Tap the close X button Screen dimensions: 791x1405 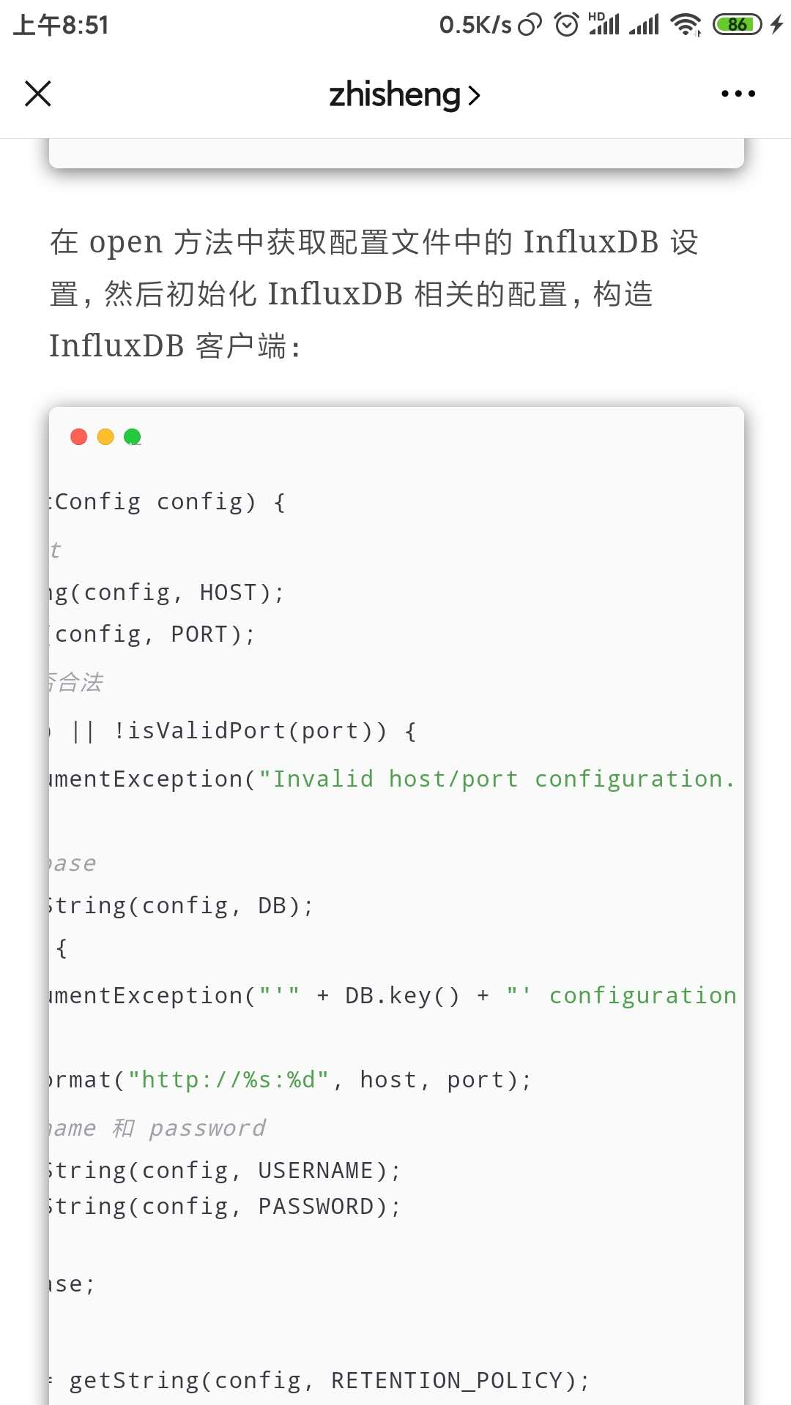point(38,94)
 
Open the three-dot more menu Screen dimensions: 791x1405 point(738,94)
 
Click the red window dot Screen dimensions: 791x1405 point(78,437)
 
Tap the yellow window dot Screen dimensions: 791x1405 point(105,437)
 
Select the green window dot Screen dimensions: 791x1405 point(133,437)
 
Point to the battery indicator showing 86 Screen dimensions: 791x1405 point(738,25)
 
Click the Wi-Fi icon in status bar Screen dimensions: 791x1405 point(686,25)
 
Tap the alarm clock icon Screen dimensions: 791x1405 point(566,25)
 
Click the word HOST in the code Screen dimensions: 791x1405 point(229,592)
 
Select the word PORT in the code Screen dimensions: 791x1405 point(199,634)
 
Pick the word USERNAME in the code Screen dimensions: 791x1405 point(316,1171)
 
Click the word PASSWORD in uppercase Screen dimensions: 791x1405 point(316,1207)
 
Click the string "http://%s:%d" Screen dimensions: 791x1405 point(229,1080)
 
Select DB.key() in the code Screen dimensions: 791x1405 point(402,996)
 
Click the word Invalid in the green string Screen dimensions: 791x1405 point(323,779)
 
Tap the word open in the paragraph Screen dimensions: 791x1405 point(125,242)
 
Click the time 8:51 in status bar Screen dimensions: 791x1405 point(85,26)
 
